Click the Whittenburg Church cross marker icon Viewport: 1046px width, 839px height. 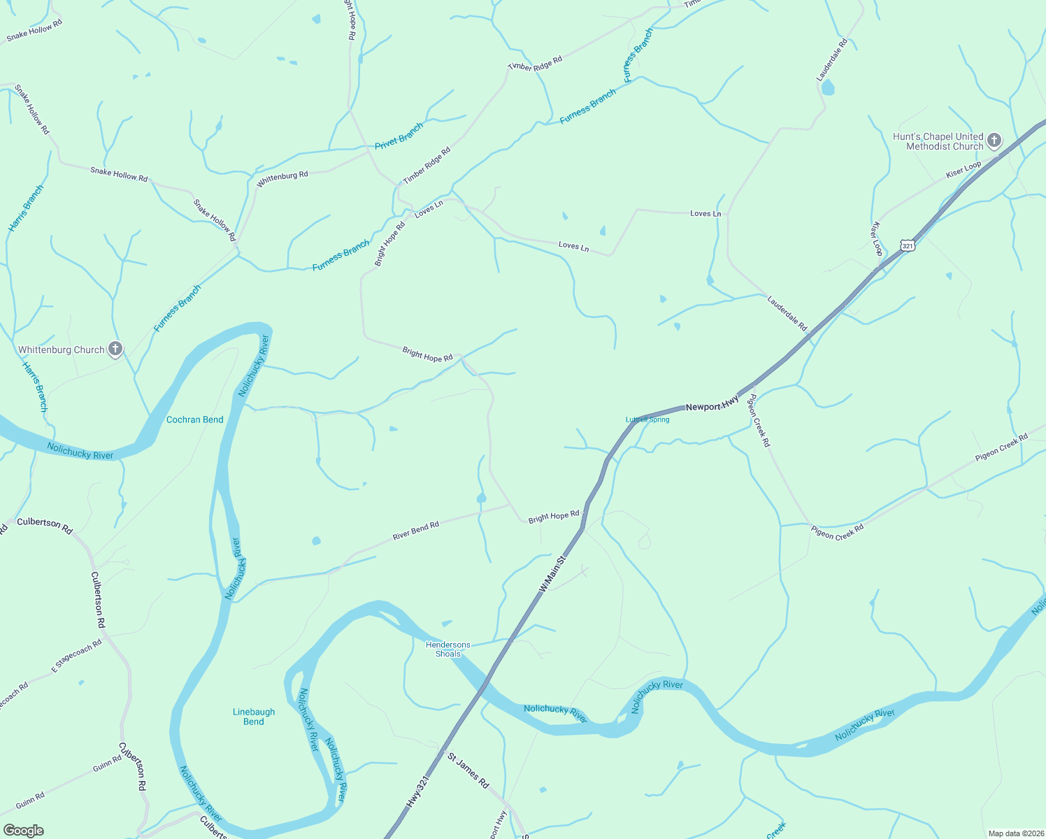coord(115,349)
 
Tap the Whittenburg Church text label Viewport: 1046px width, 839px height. coord(62,350)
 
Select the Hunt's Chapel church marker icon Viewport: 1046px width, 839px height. coord(994,141)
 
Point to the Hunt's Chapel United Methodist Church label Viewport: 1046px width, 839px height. coord(938,141)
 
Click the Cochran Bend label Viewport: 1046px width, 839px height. coord(195,419)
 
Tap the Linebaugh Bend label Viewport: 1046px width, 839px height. coord(254,717)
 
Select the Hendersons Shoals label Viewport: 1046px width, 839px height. coord(448,650)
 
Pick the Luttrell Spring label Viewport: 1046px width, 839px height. coord(647,419)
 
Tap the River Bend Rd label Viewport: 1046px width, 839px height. coord(416,531)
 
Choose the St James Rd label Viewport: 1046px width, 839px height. coord(468,770)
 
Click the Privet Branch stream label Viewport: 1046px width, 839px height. coord(399,136)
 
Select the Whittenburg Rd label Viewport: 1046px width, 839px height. coord(282,179)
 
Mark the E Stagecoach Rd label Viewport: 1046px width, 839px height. coord(77,656)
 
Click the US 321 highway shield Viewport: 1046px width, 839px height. coord(908,245)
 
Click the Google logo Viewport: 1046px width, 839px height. coord(23,831)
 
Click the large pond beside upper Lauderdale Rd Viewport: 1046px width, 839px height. coord(829,87)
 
